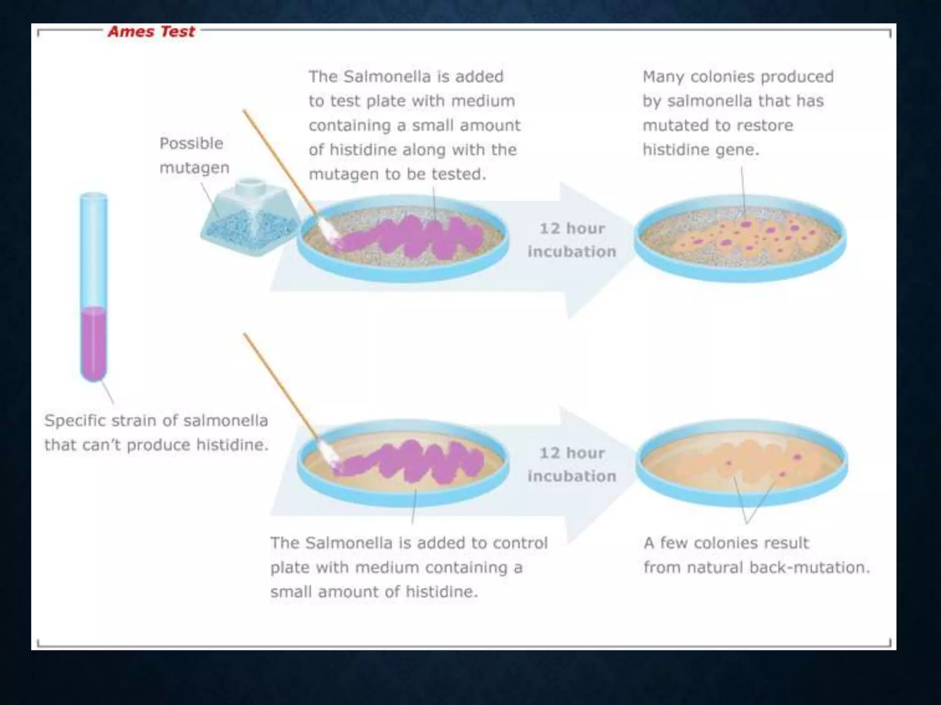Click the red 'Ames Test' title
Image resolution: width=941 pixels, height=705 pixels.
coord(151,32)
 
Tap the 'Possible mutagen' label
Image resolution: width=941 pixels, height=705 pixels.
coord(194,156)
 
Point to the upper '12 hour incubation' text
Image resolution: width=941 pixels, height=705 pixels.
coord(572,240)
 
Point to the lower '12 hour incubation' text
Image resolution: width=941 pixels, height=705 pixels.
coord(572,464)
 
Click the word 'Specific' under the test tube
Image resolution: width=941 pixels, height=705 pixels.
coord(75,421)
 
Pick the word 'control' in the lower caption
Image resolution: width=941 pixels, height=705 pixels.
coord(521,543)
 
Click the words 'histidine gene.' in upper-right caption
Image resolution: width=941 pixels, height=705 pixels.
coord(701,150)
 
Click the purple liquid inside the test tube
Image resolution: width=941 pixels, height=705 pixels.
coord(94,342)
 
